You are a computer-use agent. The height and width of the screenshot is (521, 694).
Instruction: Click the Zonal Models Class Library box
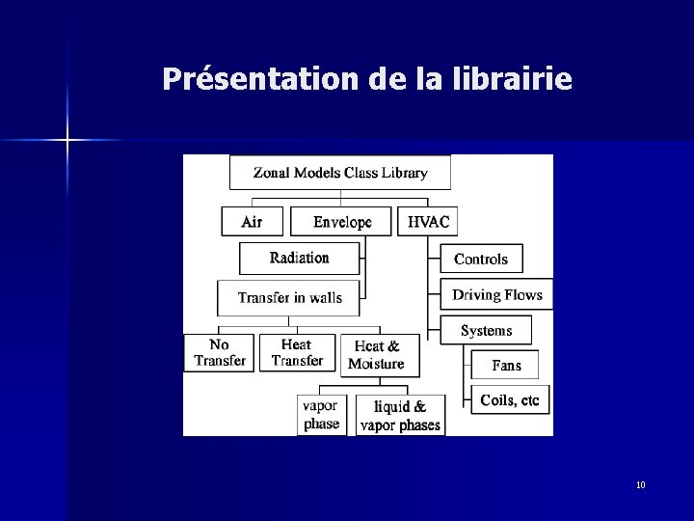point(339,174)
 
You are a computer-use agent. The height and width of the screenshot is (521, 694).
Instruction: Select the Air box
point(252,222)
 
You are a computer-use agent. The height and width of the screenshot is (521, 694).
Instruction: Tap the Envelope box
point(342,222)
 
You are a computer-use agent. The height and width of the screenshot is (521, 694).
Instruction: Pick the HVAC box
point(428,222)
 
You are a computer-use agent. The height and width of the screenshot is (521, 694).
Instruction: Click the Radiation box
point(299,258)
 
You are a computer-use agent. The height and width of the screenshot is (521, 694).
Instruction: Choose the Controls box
point(481,259)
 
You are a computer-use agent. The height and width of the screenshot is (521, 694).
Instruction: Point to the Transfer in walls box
point(289,297)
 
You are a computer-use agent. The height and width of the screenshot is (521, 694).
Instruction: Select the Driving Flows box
point(497,295)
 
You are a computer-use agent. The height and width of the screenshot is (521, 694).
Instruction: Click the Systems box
point(487,330)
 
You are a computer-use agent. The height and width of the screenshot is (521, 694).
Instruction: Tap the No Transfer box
point(220,352)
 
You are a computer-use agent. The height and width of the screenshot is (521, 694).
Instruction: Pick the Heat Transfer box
point(297,352)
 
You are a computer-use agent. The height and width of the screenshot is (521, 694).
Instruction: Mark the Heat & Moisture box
point(376,355)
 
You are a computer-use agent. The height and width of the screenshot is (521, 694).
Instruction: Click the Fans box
point(506,366)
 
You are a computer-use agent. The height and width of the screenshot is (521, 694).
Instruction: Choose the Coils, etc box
point(510,400)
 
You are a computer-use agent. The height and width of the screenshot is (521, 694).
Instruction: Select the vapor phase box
point(321,415)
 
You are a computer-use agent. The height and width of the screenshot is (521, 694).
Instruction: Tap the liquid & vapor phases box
point(400,416)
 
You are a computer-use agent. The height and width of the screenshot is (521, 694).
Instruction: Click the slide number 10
point(641,484)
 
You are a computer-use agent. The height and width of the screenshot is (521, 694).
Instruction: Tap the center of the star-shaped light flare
point(67,141)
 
